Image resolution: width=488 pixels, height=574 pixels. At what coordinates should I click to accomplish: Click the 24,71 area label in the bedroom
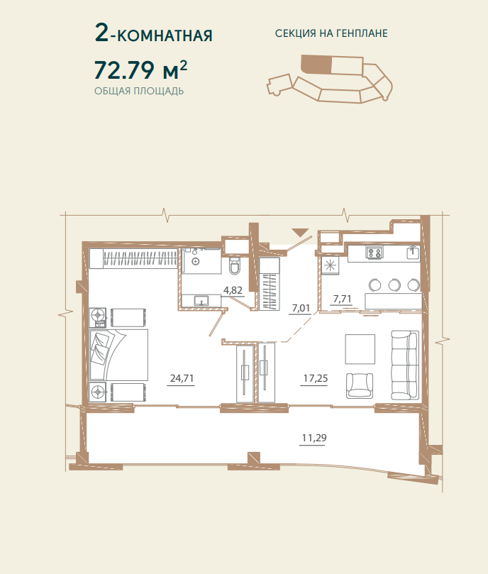182,377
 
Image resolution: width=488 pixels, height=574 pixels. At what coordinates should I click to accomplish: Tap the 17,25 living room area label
316,378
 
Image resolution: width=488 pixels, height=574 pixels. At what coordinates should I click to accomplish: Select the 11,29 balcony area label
314,438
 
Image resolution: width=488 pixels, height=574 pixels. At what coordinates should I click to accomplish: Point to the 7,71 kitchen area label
343,299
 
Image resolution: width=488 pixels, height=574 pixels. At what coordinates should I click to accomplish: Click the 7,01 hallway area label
301,308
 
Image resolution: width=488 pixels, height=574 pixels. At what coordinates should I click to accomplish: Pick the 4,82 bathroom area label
233,290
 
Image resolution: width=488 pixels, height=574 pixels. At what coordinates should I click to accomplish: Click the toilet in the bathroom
235,265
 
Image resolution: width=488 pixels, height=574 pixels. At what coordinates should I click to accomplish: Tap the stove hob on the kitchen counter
375,252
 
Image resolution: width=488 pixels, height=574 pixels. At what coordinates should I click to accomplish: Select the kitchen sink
414,252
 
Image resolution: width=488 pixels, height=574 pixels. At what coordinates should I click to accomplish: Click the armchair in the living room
360,386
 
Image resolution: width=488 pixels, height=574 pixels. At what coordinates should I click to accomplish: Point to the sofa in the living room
405,365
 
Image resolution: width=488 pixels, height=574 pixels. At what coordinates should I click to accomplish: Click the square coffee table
360,349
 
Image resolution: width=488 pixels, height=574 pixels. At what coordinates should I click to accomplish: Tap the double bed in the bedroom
118,354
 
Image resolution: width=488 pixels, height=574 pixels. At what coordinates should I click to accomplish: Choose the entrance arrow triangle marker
300,232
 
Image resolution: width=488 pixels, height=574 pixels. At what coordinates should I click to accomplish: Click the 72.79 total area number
124,70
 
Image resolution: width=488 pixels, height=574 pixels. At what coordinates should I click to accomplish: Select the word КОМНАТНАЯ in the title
165,36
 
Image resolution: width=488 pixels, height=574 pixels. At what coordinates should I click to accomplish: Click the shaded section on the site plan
316,65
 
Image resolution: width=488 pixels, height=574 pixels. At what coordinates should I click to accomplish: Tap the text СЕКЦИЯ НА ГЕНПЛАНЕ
331,33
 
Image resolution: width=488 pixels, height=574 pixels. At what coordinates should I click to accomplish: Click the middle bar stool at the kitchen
394,285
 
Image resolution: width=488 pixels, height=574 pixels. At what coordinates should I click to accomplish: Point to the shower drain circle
196,261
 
